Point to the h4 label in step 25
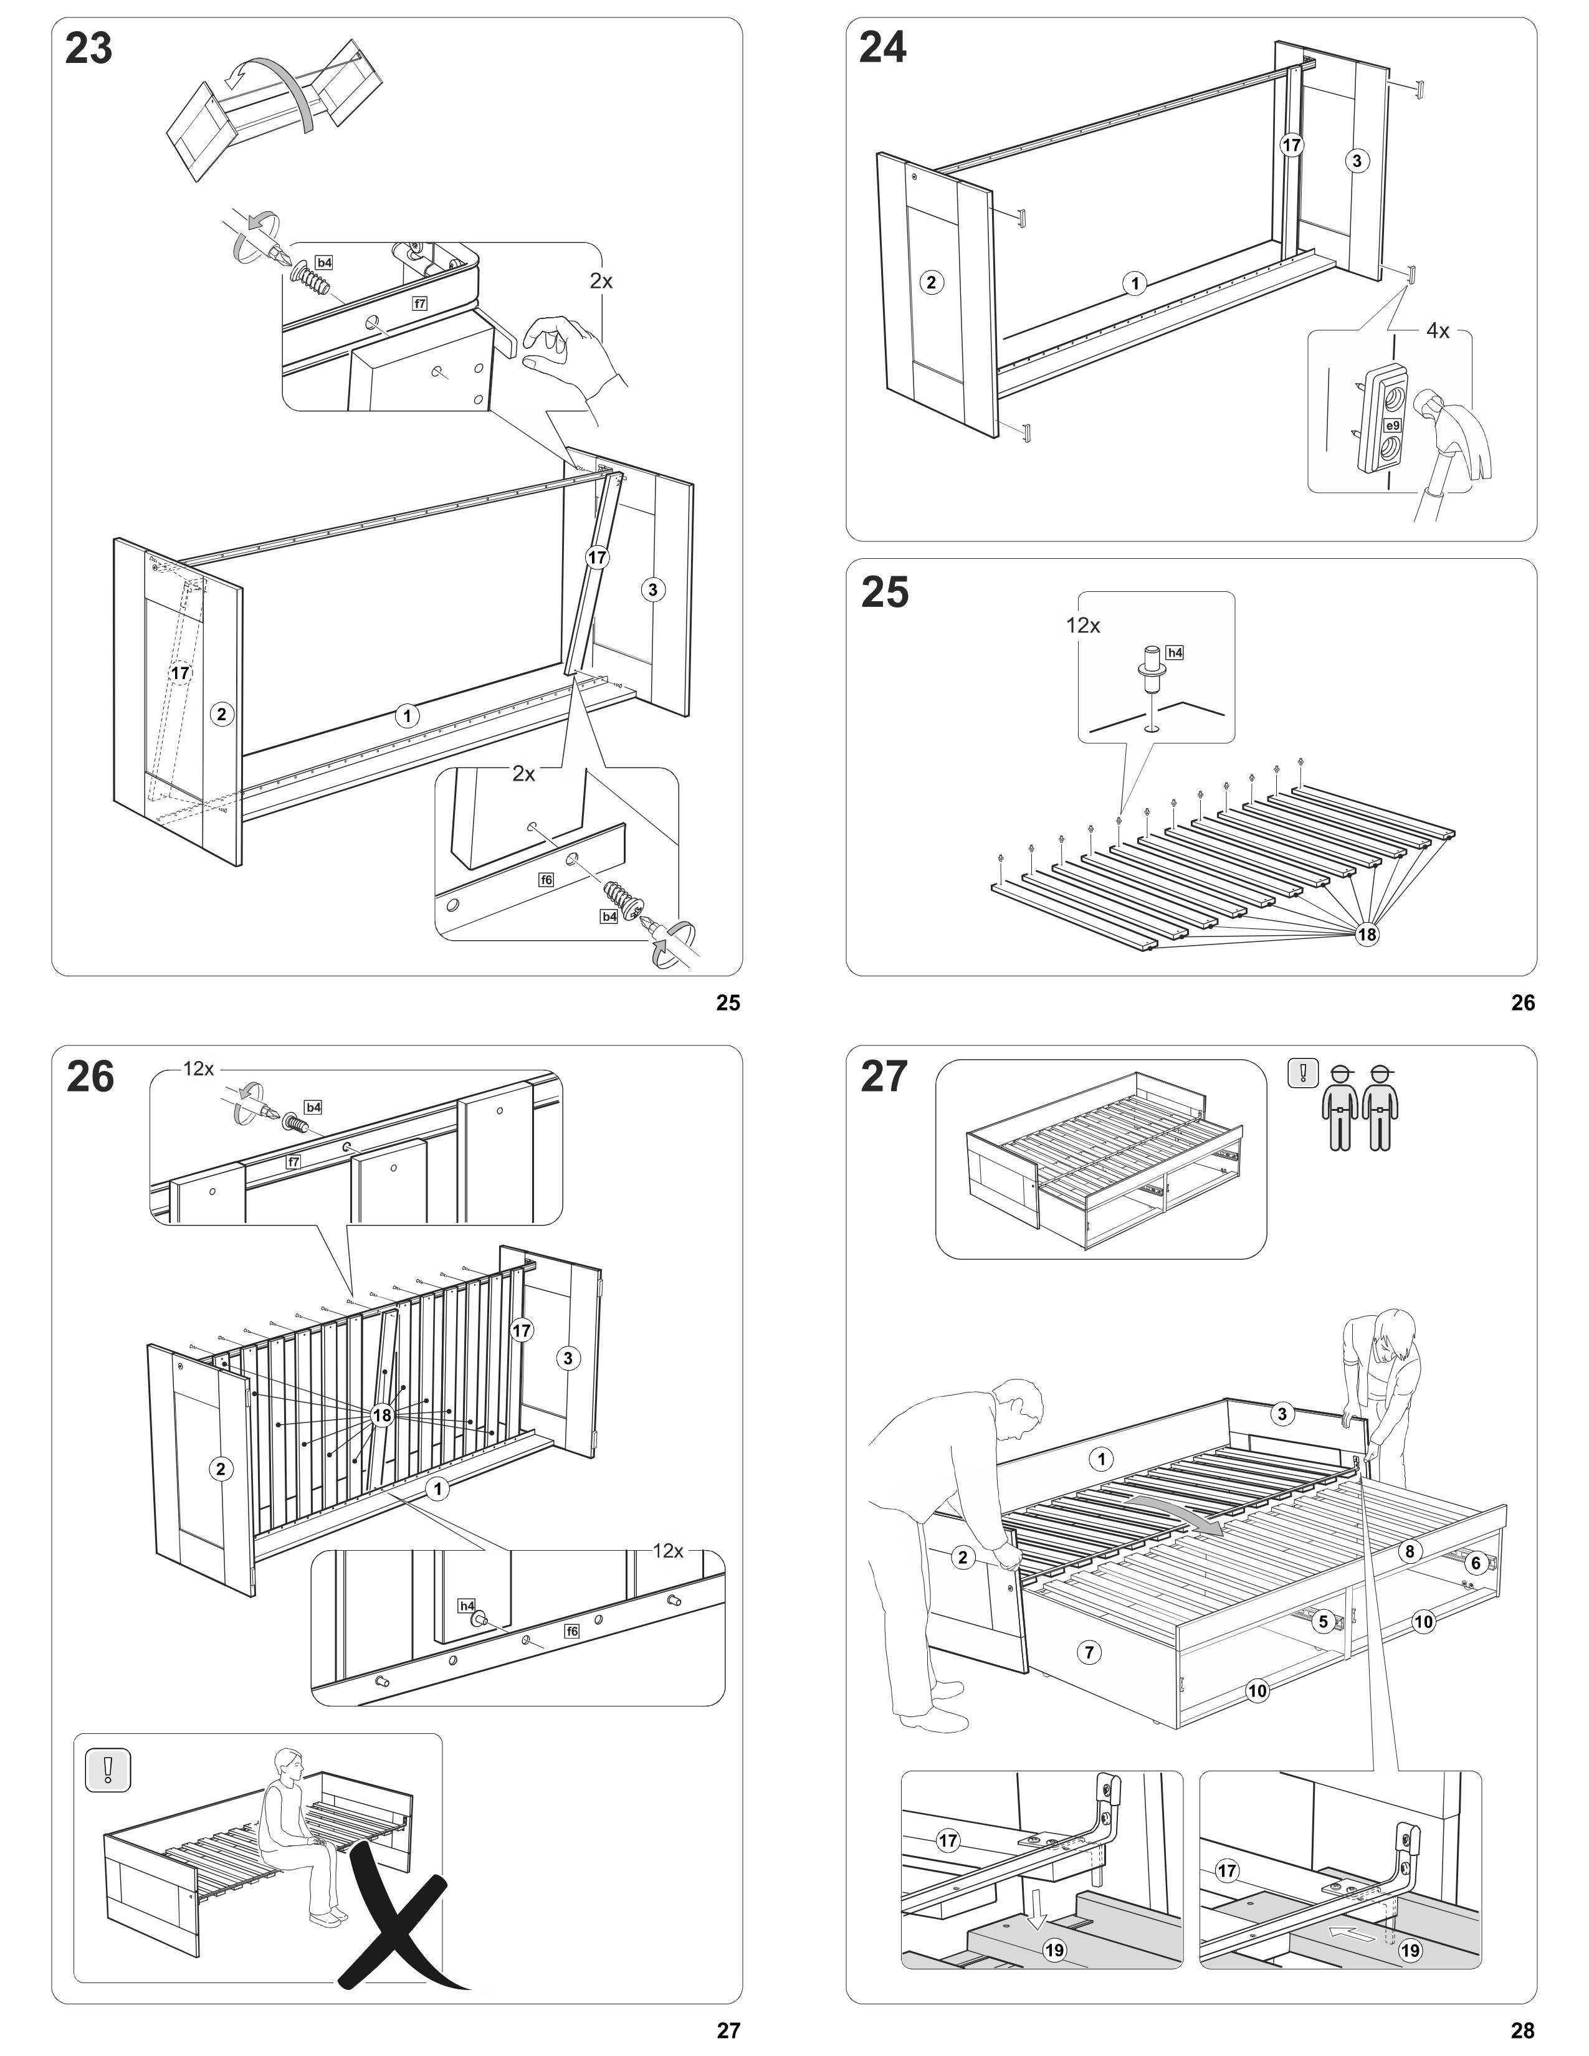1174,652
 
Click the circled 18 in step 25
1366,934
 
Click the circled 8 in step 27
1409,1551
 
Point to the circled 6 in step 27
1475,1563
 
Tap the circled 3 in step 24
1357,161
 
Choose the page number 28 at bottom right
1522,2030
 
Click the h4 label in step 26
467,1605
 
